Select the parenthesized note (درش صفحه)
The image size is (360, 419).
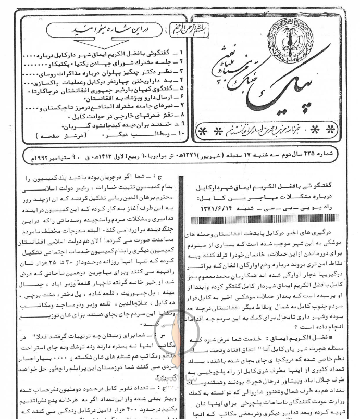(x=53, y=135)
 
